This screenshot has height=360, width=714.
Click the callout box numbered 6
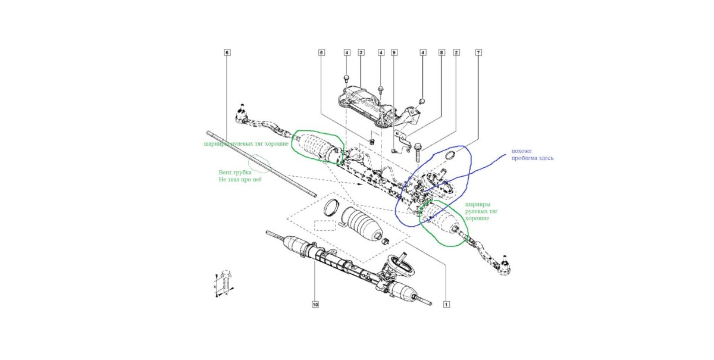[x=227, y=52]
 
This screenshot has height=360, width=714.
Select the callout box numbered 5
[x=321, y=52]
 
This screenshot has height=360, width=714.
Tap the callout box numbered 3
[x=361, y=52]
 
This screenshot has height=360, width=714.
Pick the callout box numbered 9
[x=394, y=52]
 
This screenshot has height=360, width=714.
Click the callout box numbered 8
[x=441, y=52]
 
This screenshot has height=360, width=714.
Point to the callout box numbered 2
[x=456, y=52]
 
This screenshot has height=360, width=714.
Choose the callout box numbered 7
[x=478, y=52]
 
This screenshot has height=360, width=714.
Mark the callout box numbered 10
[x=315, y=305]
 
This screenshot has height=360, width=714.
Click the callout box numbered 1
[x=447, y=305]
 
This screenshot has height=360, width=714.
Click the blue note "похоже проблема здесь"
[x=533, y=154]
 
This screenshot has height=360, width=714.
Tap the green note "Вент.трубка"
[x=235, y=172]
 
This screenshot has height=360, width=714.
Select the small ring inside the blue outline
[x=450, y=155]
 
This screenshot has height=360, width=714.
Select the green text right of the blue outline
[x=481, y=211]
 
